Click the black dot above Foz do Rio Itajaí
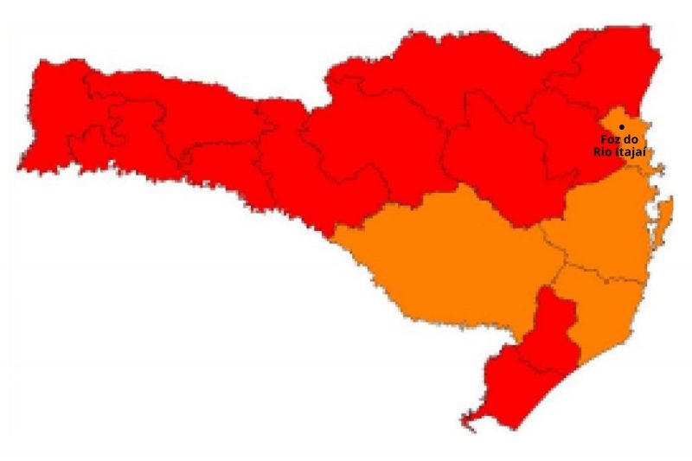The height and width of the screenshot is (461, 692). pyautogui.click(x=622, y=126)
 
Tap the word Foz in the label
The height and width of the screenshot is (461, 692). pyautogui.click(x=609, y=139)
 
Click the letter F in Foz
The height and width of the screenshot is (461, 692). pyautogui.click(x=603, y=139)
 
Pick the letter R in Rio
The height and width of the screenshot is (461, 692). pyautogui.click(x=596, y=151)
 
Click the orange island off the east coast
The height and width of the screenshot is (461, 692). pyautogui.click(x=664, y=216)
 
